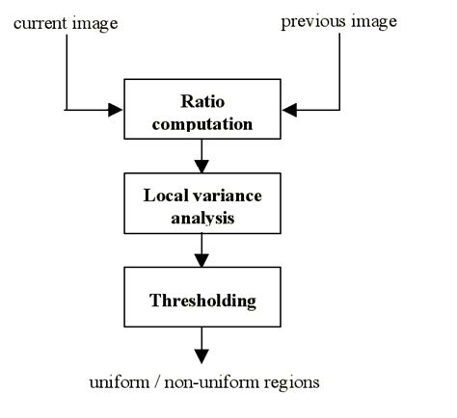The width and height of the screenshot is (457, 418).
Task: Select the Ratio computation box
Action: (x=202, y=111)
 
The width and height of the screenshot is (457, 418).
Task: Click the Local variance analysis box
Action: (x=202, y=205)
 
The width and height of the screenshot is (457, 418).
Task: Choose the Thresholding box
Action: (x=202, y=300)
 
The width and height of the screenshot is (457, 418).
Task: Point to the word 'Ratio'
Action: (x=202, y=100)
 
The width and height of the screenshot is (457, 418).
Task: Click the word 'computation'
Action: (x=202, y=123)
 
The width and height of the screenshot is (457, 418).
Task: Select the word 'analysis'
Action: (x=202, y=218)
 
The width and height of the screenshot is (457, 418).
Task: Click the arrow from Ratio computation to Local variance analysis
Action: (x=202, y=155)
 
